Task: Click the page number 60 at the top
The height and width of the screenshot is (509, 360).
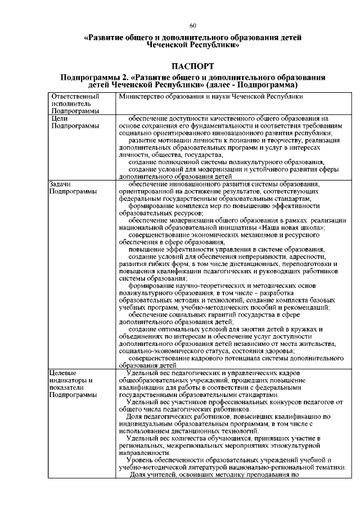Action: (192, 26)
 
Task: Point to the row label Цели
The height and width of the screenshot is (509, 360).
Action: (59, 119)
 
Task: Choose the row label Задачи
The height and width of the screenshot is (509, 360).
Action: (61, 184)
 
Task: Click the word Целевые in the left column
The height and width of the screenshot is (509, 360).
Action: (62, 373)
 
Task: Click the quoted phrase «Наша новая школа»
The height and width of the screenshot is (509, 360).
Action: (291, 228)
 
